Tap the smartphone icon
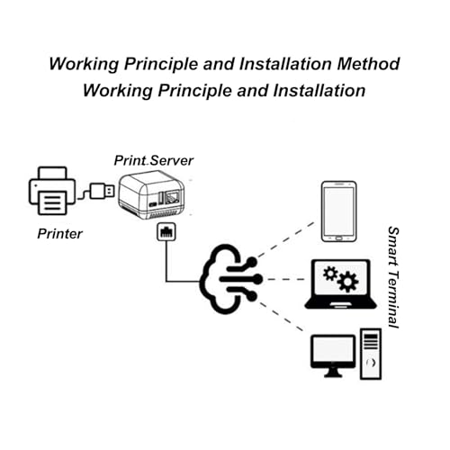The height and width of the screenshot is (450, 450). coord(338,211)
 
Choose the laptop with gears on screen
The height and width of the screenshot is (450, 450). coord(337,286)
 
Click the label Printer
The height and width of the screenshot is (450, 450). coord(60,235)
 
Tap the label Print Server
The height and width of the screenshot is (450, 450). coord(153,160)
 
